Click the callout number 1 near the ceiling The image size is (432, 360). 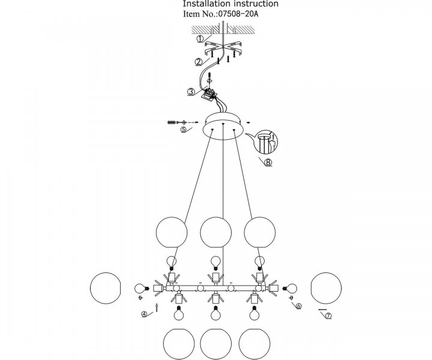coord(200,39)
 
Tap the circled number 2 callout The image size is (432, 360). coord(199,62)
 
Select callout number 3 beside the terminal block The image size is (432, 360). coord(191,92)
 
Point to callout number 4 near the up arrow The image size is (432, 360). coord(144,314)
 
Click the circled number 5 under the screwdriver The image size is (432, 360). coord(184,130)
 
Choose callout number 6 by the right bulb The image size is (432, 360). coord(299,306)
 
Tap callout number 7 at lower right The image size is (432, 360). coord(328,316)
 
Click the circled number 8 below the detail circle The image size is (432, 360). coord(268,163)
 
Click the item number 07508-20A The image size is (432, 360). coord(238,14)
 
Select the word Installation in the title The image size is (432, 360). coord(206,4)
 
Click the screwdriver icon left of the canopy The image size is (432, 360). coord(173,122)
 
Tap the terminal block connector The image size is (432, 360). coord(210,94)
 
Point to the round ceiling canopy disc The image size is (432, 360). coord(224,126)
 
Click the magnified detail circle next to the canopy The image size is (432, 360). coord(266,142)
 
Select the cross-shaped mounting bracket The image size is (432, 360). coord(223,48)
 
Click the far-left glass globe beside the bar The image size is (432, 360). coord(106,288)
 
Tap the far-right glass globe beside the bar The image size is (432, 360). coord(326,288)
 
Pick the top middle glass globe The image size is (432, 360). coord(216,232)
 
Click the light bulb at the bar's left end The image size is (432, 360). coord(142,289)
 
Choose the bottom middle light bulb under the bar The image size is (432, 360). coord(216,313)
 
